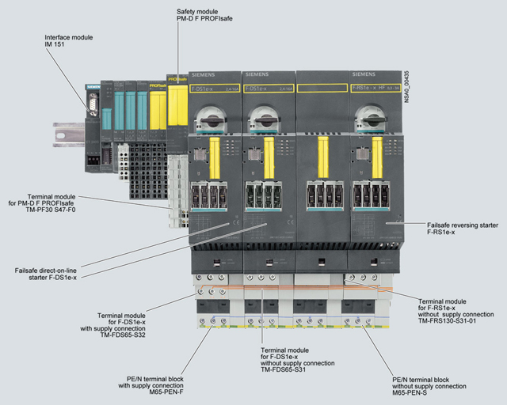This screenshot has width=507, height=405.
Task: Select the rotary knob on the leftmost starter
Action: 214,119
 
